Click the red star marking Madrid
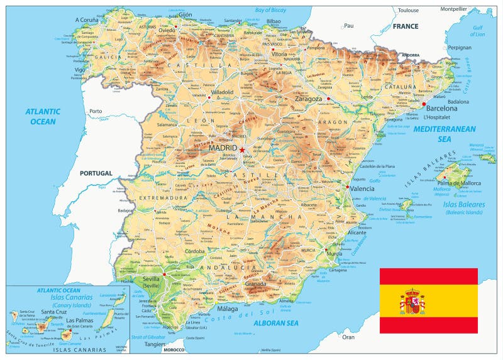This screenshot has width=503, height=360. pyautogui.click(x=242, y=150)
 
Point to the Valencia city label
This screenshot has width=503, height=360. pyautogui.click(x=363, y=188)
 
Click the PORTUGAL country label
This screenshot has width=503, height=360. pyautogui.click(x=96, y=173)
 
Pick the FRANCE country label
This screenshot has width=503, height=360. pyautogui.click(x=406, y=26)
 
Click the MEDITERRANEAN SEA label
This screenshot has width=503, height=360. pyautogui.click(x=449, y=133)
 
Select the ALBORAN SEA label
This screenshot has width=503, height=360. pyautogui.click(x=275, y=323)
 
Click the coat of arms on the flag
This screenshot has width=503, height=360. pyautogui.click(x=412, y=302)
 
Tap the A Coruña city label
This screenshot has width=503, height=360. pyautogui.click(x=89, y=19)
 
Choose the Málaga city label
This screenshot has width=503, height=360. pyautogui.click(x=227, y=308)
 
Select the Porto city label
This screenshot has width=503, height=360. pyautogui.click(x=96, y=111)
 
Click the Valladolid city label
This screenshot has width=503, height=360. pyautogui.click(x=222, y=92)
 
